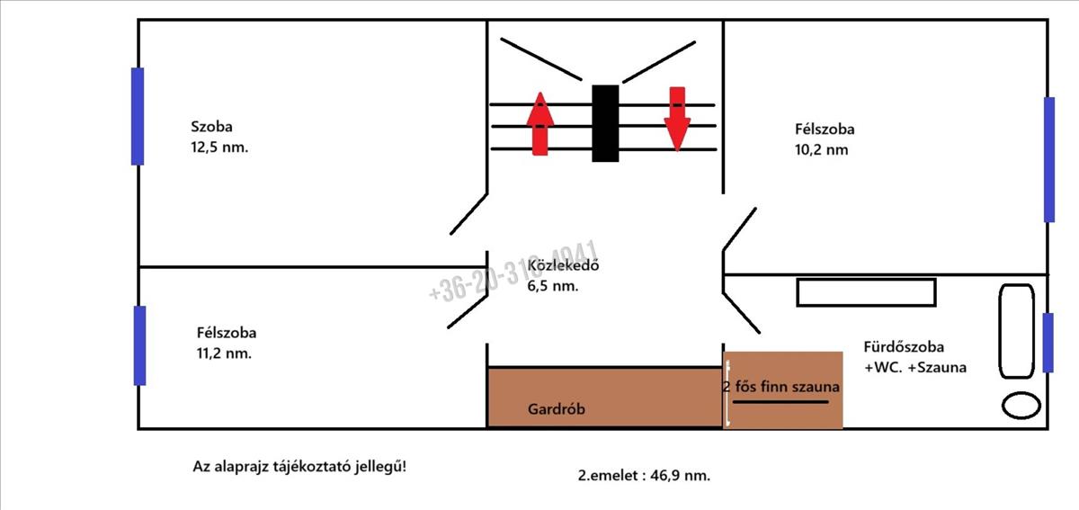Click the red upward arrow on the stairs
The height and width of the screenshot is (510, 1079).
pos(539,123)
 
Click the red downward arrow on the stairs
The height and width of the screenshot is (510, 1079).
pos(677,118)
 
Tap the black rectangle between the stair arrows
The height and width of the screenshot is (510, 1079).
pos(605,123)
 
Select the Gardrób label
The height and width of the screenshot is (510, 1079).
pos(557,408)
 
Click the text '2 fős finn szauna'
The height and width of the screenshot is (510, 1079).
pos(781,388)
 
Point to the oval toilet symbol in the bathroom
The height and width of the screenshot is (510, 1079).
pos(1020,405)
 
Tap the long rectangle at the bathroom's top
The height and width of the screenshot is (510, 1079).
pos(866,292)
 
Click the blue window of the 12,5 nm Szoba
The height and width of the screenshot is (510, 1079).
pos(138,116)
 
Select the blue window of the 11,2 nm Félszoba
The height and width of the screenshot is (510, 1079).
pos(139,345)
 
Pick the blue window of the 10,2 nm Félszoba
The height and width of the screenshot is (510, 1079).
pos(1049,159)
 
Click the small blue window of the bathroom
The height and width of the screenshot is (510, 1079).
pos(1048,342)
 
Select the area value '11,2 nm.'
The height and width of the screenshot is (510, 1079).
pos(224,353)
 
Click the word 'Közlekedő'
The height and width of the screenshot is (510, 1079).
pos(563,266)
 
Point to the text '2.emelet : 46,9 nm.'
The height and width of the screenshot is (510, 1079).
pos(644,476)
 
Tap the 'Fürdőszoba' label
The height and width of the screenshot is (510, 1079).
pos(904,346)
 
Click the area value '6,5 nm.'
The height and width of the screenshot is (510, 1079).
pos(553,287)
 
